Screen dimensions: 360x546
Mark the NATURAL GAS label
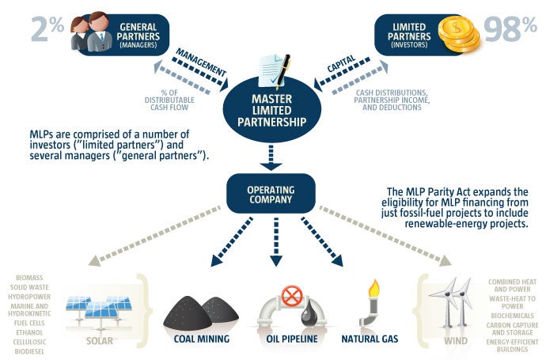(370, 339)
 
